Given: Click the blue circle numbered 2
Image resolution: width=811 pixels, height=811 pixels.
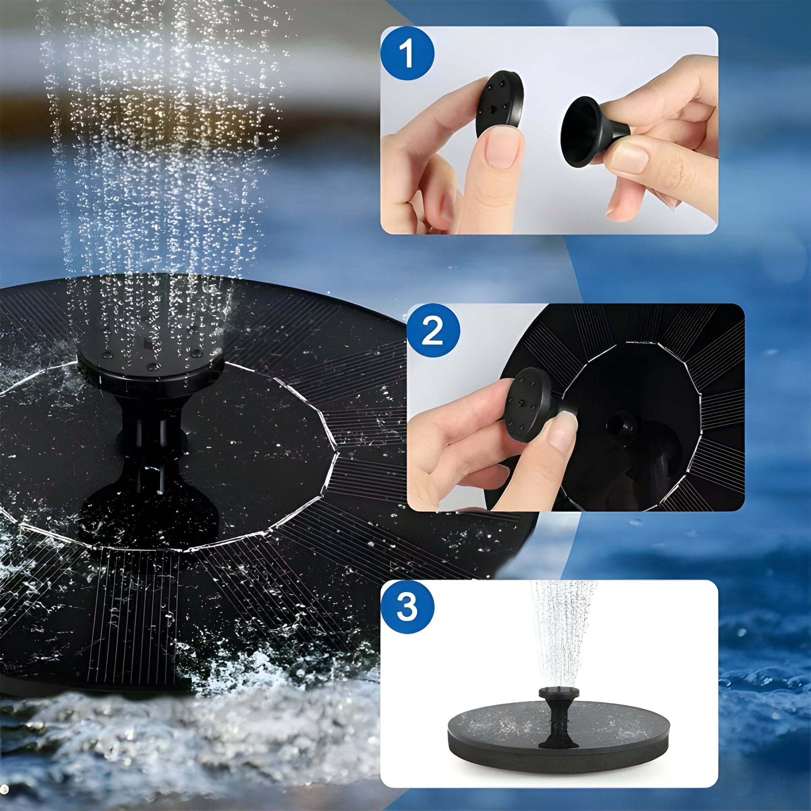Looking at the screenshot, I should tap(433, 330).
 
